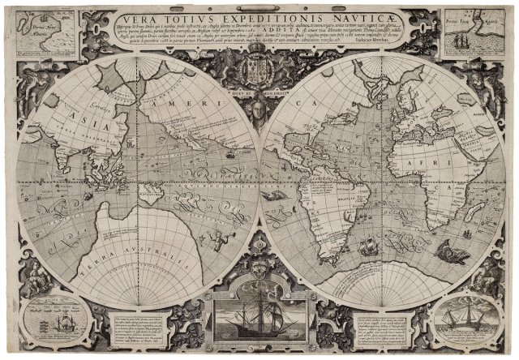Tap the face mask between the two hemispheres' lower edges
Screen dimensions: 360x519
(258, 264)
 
